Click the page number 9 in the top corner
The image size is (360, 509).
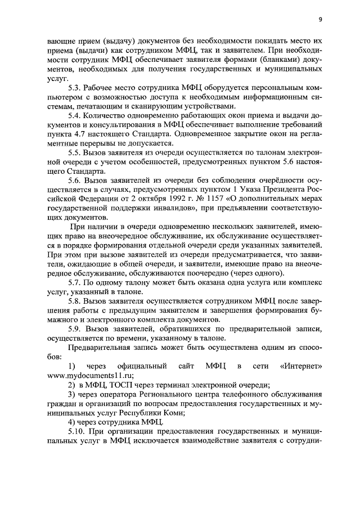click(319, 20)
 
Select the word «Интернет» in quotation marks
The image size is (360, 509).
click(301, 367)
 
